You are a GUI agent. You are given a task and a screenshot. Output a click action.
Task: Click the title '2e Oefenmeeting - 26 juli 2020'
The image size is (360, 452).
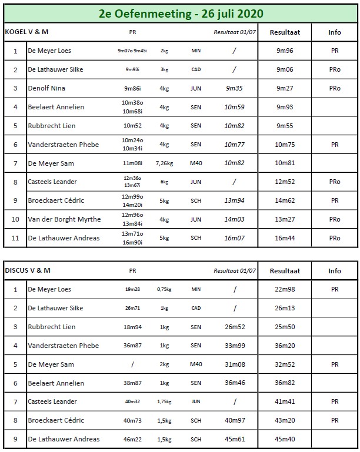tap(181, 13)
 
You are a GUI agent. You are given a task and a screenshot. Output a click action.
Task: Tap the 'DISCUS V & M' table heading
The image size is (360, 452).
tap(28, 271)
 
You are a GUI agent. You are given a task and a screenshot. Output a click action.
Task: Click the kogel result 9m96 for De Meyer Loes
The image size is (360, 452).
tap(285, 51)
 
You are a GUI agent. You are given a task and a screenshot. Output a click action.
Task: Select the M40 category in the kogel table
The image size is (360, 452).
tap(196, 163)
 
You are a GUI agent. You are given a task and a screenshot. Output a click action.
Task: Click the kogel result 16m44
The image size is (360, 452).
tap(285, 238)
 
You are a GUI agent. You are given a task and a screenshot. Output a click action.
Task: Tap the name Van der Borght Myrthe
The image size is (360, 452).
tap(65, 219)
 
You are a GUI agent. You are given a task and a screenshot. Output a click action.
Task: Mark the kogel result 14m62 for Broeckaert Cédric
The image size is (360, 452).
tap(285, 200)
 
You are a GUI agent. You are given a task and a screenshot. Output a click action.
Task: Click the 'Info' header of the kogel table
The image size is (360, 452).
tap(335, 32)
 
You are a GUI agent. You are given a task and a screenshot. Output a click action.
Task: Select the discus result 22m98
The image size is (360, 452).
tap(285, 289)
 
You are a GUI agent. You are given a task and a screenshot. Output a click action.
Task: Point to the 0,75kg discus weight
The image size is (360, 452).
tap(164, 289)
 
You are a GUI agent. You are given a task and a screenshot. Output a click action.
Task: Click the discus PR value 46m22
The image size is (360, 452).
tap(132, 439)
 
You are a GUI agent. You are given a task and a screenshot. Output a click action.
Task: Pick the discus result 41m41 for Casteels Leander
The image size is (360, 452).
tap(285, 401)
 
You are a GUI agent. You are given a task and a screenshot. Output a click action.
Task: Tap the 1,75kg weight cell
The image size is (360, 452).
tap(164, 401)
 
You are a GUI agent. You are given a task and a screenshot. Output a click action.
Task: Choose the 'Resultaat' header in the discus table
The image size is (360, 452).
tap(285, 271)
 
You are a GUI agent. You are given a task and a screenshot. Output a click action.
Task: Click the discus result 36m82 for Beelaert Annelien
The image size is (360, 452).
tap(285, 383)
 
